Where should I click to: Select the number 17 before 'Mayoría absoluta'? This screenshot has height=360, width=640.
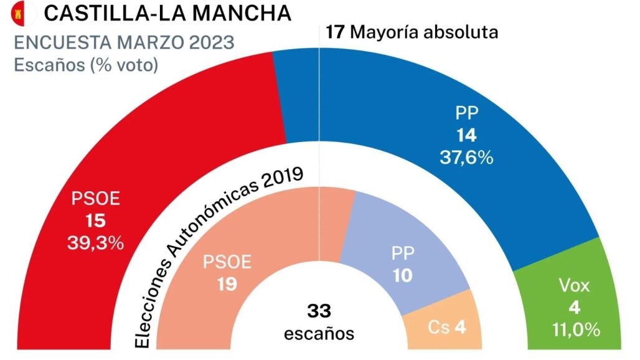pos(335,32)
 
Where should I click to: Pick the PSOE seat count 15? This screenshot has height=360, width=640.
pos(96,221)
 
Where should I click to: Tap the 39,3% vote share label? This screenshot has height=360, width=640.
pos(95,243)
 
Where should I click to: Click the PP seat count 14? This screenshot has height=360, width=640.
pos(467,135)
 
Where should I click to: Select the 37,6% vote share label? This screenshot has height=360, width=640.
pos(467,157)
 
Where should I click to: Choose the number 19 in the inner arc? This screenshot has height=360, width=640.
pos(227,284)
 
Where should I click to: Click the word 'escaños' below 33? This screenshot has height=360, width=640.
pos(319,333)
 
